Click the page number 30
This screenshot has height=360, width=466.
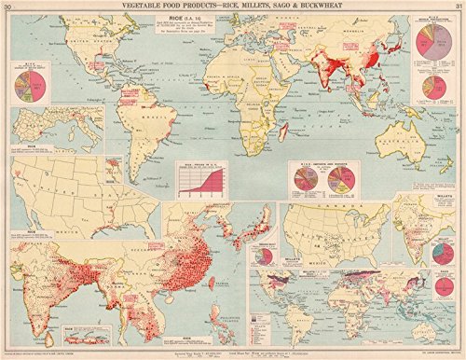coord(13,7)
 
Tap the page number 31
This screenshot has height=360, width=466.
coord(453,7)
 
